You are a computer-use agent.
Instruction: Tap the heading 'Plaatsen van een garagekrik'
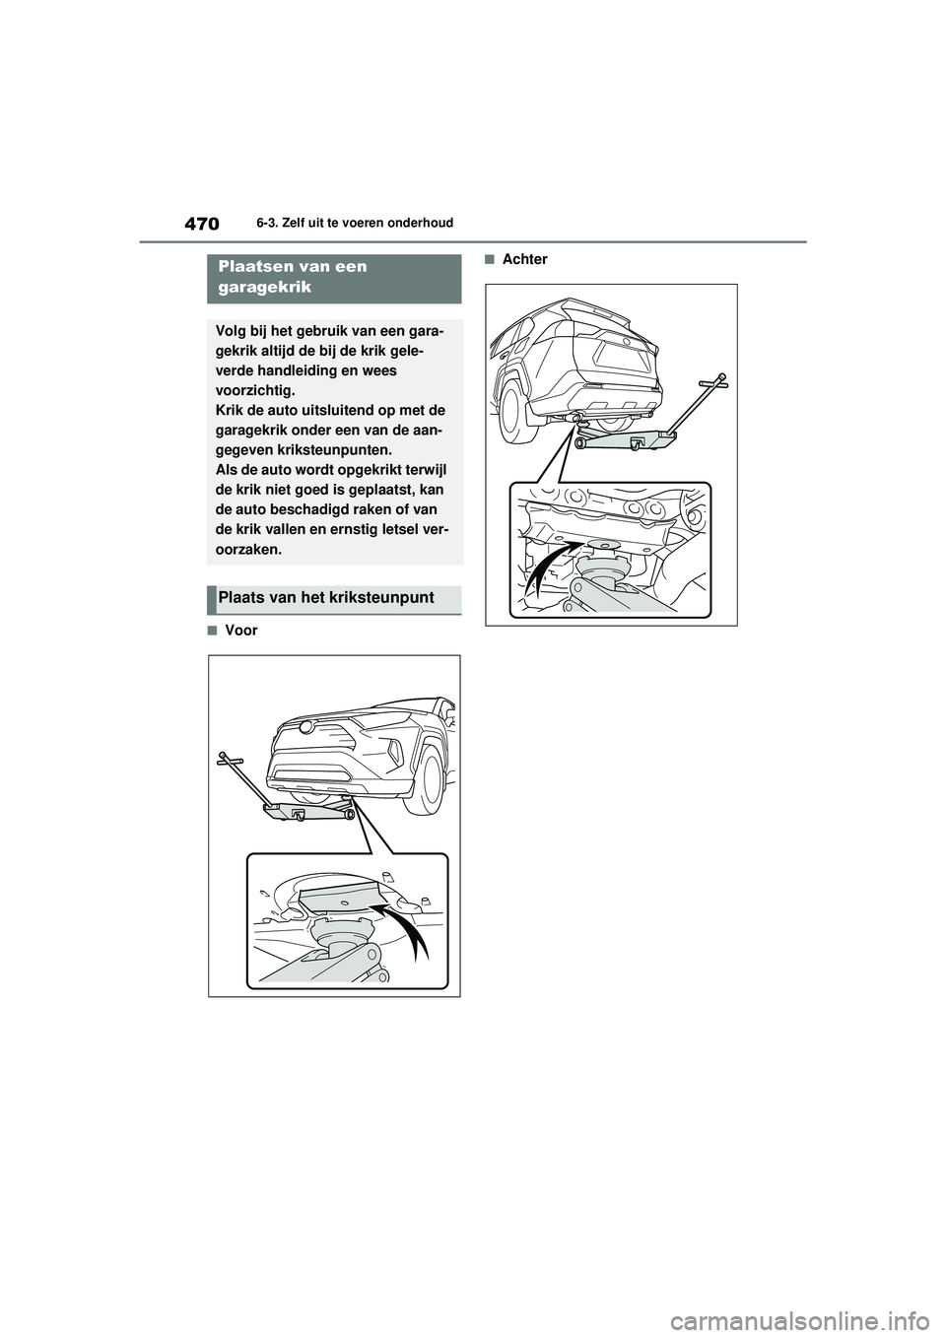tap(293, 277)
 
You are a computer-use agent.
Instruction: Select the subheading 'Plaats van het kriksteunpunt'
tap(327, 598)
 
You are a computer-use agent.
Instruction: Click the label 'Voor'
tap(240, 631)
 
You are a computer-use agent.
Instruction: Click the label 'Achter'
tap(524, 259)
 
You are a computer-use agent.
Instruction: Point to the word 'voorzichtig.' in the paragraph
tap(255, 390)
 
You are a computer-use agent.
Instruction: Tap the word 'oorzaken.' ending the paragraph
tap(248, 549)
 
